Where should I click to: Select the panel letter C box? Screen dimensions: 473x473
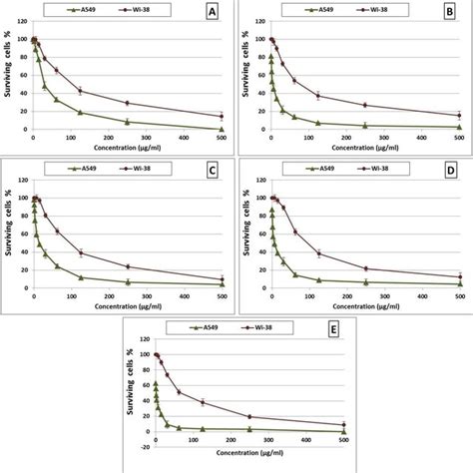coord(210,172)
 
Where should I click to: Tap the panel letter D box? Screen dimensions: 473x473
coord(447,172)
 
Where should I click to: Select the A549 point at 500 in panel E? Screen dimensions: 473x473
coord(343,431)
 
